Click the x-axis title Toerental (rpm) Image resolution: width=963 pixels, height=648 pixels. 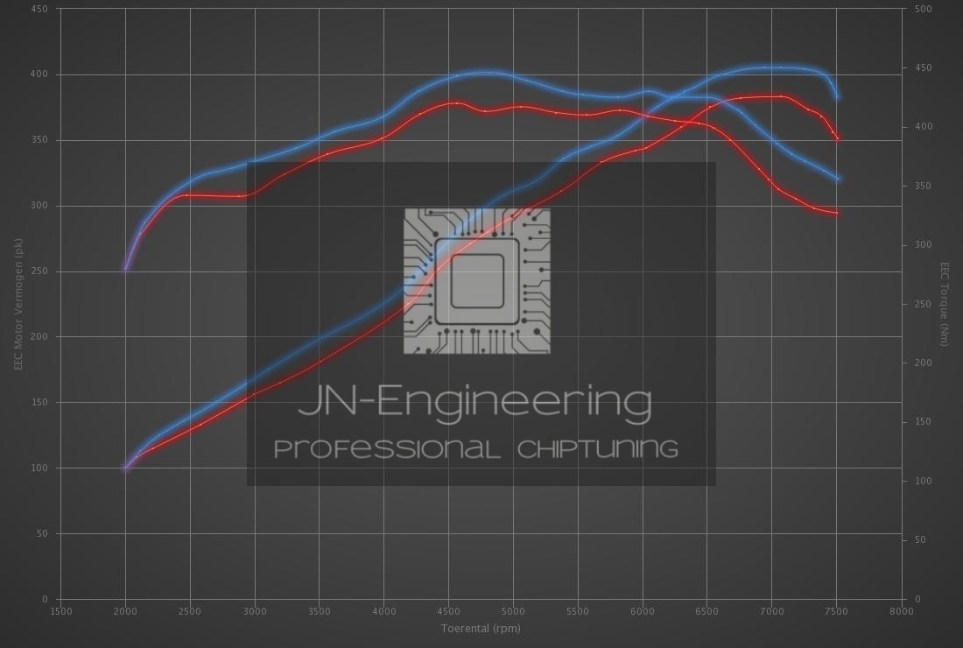(x=481, y=629)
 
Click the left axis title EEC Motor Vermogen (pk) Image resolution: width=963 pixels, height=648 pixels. (x=18, y=304)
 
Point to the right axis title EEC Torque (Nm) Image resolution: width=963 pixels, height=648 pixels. (x=945, y=304)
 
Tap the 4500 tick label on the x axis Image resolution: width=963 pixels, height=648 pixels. (x=448, y=611)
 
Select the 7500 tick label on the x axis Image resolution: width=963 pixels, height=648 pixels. (x=836, y=611)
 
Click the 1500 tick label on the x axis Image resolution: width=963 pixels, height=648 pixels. (x=60, y=611)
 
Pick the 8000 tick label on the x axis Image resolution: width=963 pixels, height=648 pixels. (x=901, y=611)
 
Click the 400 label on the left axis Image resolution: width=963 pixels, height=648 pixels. (x=39, y=74)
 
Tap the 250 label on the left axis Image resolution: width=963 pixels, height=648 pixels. (x=39, y=271)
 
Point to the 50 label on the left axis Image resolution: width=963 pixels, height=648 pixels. (x=42, y=533)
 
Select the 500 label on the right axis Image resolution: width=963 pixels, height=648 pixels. (x=923, y=9)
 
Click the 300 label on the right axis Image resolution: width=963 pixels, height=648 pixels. (x=923, y=244)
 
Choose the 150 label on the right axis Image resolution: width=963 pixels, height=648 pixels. (x=923, y=421)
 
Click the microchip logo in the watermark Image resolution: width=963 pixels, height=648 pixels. (x=476, y=281)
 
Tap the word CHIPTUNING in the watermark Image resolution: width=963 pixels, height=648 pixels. (x=598, y=449)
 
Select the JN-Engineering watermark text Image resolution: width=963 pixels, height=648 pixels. (x=474, y=402)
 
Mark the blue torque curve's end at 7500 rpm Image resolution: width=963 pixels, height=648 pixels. (x=838, y=179)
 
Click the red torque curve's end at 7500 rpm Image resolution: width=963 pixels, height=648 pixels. (x=836, y=213)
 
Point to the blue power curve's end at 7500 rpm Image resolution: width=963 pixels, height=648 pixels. (x=838, y=96)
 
